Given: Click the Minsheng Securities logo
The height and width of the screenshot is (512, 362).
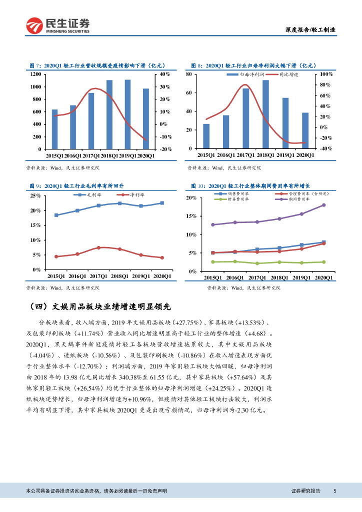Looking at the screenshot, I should [x=58, y=25].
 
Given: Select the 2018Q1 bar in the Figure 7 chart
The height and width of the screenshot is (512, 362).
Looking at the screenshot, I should [x=109, y=114].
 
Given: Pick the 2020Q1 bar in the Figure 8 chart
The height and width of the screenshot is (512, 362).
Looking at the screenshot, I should [x=305, y=130].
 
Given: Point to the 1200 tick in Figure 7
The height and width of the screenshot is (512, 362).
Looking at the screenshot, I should [x=35, y=74].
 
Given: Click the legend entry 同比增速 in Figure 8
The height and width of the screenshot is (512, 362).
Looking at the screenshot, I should [x=288, y=74].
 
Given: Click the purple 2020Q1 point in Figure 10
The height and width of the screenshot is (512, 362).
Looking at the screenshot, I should [x=323, y=205].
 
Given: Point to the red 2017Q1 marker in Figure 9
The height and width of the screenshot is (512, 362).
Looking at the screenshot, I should [x=98, y=247].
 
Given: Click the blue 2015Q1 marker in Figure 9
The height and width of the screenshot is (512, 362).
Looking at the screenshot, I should [x=56, y=215].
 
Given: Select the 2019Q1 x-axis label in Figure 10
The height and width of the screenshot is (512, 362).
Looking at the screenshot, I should [x=299, y=277].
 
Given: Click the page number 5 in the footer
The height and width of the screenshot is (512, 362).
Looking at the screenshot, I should [x=334, y=491].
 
